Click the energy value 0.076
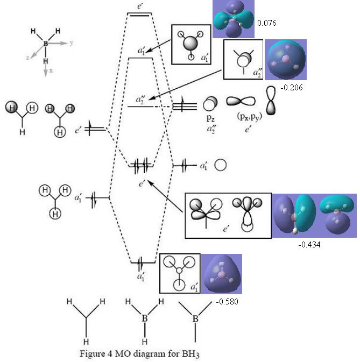pyautogui.click(x=266, y=23)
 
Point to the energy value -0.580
pyautogui.click(x=226, y=301)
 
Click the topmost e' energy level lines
pyautogui.click(x=139, y=15)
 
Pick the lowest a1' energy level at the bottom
pyautogui.click(x=140, y=262)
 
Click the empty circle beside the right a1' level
pyautogui.click(x=220, y=165)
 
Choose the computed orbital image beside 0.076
pyautogui.click(x=233, y=19)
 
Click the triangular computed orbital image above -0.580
pyautogui.click(x=221, y=274)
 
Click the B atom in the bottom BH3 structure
pyautogui.click(x=145, y=318)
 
